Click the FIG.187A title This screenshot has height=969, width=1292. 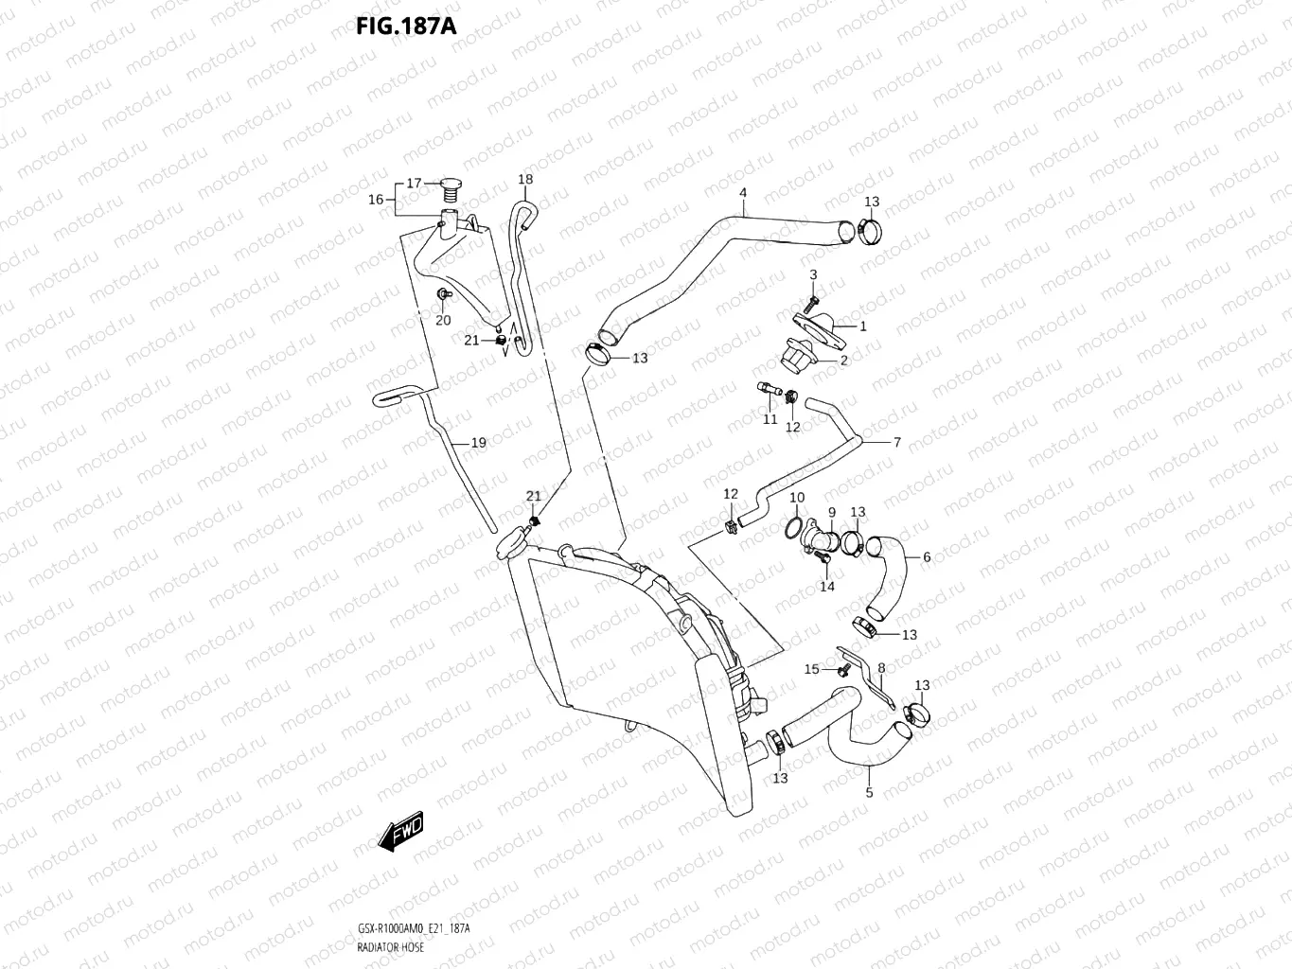(x=406, y=26)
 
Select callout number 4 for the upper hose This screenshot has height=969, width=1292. (x=743, y=193)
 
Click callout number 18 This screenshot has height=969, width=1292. (x=525, y=179)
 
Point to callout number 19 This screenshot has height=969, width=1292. (x=478, y=442)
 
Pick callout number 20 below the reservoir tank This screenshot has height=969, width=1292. (x=443, y=320)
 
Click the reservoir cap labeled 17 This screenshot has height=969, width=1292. (x=451, y=188)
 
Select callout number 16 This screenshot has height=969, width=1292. (x=376, y=199)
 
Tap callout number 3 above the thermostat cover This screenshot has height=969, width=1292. (x=812, y=274)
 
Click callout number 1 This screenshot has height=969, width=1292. (x=862, y=326)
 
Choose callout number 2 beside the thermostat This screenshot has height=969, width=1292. (x=843, y=361)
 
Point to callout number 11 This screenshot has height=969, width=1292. (x=770, y=419)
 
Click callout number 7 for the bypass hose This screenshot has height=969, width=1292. (x=896, y=442)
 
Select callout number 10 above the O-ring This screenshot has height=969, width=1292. (x=797, y=498)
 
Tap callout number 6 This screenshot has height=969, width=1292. (x=926, y=557)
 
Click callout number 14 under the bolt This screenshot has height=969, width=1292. (x=827, y=587)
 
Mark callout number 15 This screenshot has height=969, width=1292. (x=811, y=669)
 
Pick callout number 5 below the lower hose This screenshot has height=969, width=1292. (x=869, y=793)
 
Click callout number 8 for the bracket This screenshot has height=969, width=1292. (x=880, y=668)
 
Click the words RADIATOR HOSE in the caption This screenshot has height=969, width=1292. (x=390, y=946)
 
